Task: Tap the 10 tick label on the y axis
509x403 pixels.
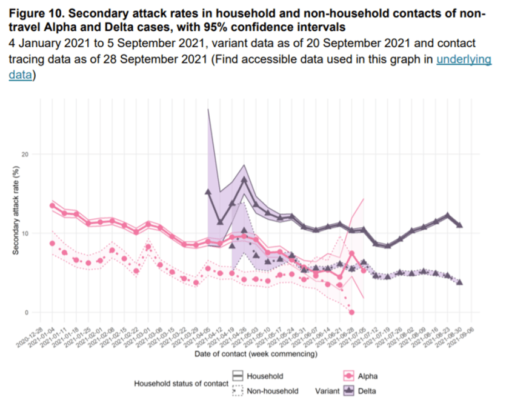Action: tap(25, 233)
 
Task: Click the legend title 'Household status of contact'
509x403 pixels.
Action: tap(181, 384)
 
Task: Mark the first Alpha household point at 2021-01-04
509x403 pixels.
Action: tap(52, 206)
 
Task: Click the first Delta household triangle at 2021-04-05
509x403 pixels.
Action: tap(208, 192)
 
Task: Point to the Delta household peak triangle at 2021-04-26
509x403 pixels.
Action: tap(244, 179)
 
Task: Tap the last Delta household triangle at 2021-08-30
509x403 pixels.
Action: tap(459, 225)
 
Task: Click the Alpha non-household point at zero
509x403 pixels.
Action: tap(351, 312)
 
